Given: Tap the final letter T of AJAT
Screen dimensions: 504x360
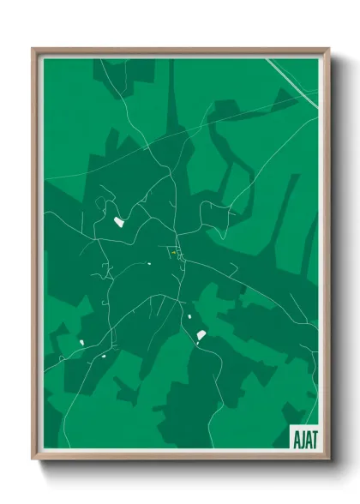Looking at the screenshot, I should (312, 437).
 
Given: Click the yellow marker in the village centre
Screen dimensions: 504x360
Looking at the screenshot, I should (172, 253).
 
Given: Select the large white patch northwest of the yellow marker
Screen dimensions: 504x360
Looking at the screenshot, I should (119, 222).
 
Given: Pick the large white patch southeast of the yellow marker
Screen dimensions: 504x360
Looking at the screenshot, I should (201, 334).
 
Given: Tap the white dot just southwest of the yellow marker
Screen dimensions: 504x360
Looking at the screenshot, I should (149, 263).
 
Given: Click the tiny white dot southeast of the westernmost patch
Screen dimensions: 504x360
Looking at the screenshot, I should (102, 355).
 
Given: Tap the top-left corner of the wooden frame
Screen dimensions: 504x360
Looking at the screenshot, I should (34, 50).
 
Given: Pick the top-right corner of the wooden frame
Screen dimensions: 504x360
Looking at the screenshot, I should (328, 50).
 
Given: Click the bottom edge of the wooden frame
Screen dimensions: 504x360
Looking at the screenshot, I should (180, 456).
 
